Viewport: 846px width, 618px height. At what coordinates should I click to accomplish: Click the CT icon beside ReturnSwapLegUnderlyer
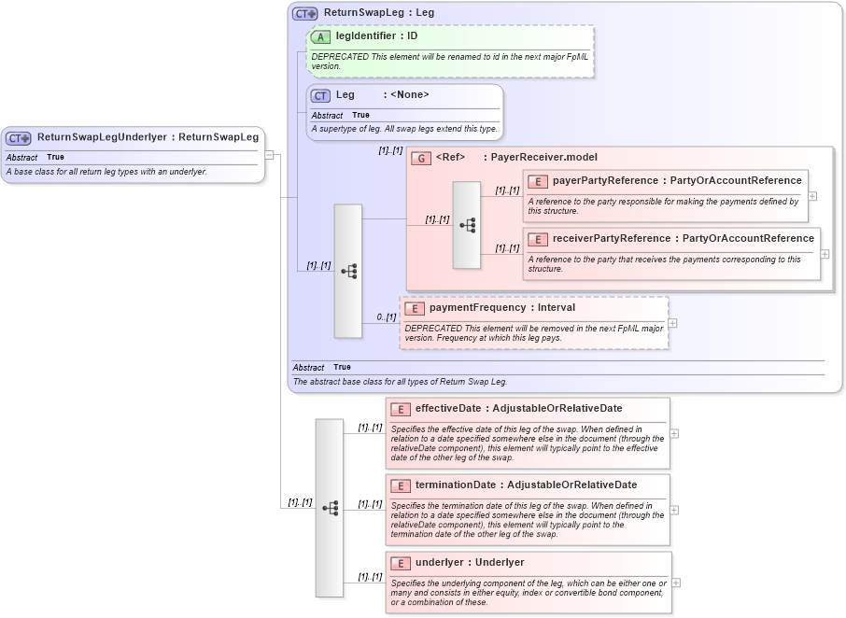click(x=20, y=137)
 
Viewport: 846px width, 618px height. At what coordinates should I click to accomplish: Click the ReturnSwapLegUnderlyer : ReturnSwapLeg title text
click(x=148, y=137)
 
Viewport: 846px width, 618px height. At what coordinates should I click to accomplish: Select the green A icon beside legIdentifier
click(x=321, y=36)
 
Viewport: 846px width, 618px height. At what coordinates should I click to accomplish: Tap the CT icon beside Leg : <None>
click(x=321, y=95)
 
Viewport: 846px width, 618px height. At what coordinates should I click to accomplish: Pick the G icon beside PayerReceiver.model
click(x=421, y=158)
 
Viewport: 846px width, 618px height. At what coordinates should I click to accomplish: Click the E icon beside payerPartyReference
click(x=537, y=181)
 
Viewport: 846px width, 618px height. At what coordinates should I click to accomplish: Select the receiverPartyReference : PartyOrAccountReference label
click(x=683, y=239)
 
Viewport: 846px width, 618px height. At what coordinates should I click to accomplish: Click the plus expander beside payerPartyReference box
click(x=812, y=196)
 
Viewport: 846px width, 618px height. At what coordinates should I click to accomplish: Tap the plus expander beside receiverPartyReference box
click(x=825, y=253)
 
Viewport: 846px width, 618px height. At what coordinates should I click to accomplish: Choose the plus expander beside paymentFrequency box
click(x=673, y=323)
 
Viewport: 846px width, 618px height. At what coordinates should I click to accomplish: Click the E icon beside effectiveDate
click(x=400, y=409)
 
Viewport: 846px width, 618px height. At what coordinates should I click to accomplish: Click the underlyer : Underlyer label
click(x=470, y=563)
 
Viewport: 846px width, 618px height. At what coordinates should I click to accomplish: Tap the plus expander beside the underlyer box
click(x=676, y=583)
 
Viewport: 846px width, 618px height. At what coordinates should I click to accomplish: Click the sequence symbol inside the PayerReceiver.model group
click(x=467, y=225)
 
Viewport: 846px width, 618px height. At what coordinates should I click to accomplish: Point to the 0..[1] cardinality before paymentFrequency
click(x=387, y=317)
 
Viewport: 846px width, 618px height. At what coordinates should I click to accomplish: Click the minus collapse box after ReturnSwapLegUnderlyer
click(x=270, y=155)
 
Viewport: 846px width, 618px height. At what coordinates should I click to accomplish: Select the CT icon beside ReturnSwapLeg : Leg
click(x=305, y=14)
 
